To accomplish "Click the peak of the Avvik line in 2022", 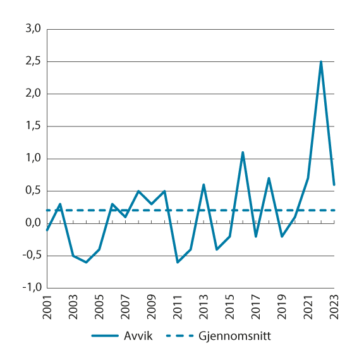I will [321, 62].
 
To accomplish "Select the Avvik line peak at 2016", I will [243, 152].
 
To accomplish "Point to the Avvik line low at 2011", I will [178, 262].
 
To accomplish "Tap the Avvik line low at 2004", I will [86, 262].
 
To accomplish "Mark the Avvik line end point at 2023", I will [334, 185].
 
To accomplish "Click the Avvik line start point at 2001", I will [47, 230].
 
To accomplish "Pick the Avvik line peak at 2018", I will [269, 178].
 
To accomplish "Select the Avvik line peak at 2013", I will [203, 185].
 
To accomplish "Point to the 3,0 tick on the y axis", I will [33, 29].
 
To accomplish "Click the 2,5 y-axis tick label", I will [33, 62].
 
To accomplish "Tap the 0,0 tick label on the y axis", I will [33, 223].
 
